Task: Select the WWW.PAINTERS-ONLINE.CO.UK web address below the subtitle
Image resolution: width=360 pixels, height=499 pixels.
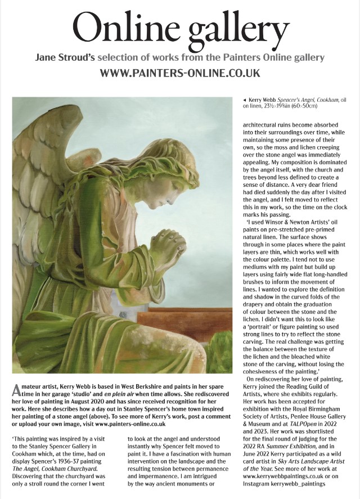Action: click(179, 73)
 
